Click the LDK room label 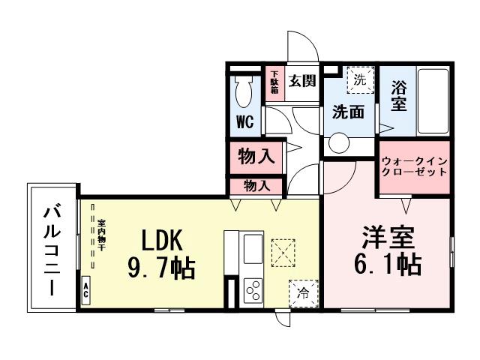163,239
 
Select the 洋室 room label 388,239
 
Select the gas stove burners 252,289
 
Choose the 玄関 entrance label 302,78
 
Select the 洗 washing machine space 360,79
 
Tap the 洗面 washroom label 348,112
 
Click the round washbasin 339,142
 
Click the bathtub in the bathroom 431,101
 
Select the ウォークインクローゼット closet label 414,166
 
